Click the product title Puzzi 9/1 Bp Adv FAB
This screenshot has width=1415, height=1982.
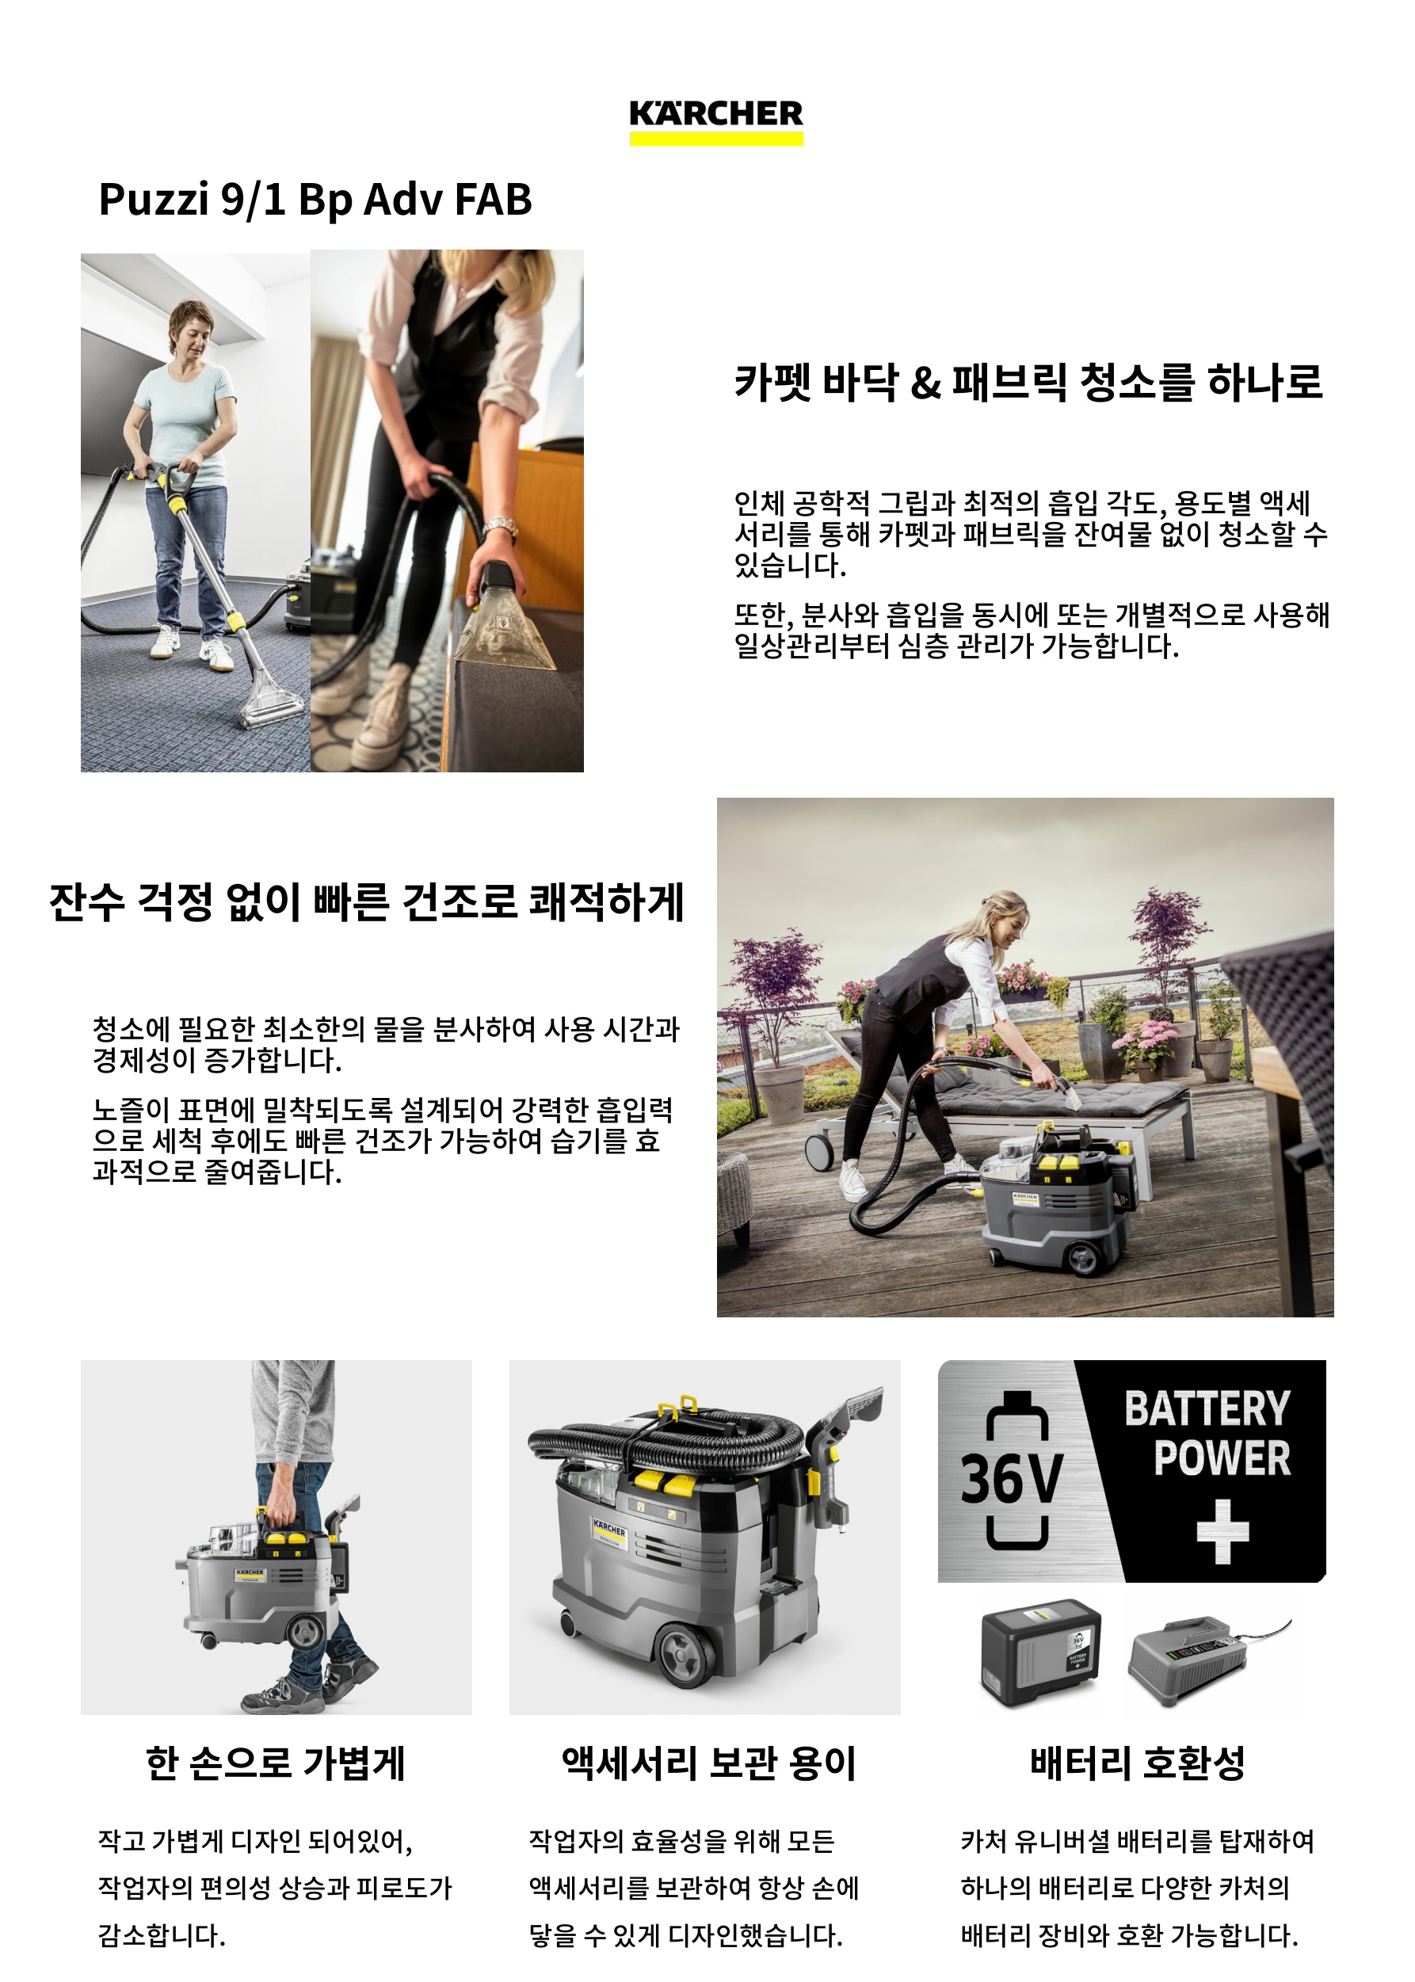tap(315, 200)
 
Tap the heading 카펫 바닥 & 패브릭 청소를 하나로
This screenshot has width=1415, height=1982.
tap(1028, 383)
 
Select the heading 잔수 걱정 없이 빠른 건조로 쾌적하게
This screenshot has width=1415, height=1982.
tap(367, 901)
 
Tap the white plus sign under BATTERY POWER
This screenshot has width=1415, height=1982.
tap(1222, 1530)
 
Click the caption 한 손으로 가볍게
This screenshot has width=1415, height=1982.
tap(276, 1763)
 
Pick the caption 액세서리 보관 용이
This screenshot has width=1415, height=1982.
tap(708, 1763)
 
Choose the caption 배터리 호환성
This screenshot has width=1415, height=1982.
tap(1137, 1763)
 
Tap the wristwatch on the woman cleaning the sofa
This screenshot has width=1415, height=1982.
tap(500, 527)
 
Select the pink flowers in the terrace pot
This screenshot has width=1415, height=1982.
tap(1142, 1038)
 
